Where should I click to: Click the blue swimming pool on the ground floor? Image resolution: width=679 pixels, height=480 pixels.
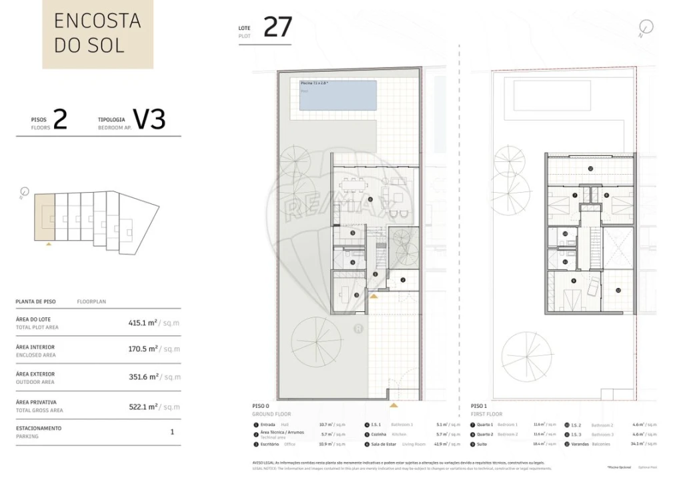click(337, 95)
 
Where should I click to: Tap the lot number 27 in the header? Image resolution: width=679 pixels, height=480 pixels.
click(277, 27)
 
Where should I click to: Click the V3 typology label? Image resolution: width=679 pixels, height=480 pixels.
click(149, 119)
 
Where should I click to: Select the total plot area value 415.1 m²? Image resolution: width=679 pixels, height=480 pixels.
click(143, 323)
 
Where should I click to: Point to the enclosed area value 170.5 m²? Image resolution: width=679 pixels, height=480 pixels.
click(143, 349)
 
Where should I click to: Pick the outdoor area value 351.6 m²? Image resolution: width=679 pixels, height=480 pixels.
click(143, 377)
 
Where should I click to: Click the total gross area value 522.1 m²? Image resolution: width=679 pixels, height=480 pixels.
click(143, 406)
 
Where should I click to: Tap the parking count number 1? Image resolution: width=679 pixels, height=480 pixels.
click(172, 432)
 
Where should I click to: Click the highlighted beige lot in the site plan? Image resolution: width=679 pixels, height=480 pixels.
click(45, 217)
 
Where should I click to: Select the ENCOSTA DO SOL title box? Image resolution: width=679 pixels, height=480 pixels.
click(97, 33)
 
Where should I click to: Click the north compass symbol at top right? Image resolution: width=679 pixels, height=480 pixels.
click(644, 28)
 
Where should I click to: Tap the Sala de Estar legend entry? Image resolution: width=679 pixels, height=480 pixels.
click(383, 443)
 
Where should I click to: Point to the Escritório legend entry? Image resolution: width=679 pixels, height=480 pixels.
click(270, 443)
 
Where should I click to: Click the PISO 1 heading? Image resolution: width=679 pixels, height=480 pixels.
click(478, 406)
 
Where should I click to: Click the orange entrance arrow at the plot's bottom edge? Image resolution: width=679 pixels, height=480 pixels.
click(394, 405)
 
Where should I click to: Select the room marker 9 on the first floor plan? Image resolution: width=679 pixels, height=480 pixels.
click(573, 281)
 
